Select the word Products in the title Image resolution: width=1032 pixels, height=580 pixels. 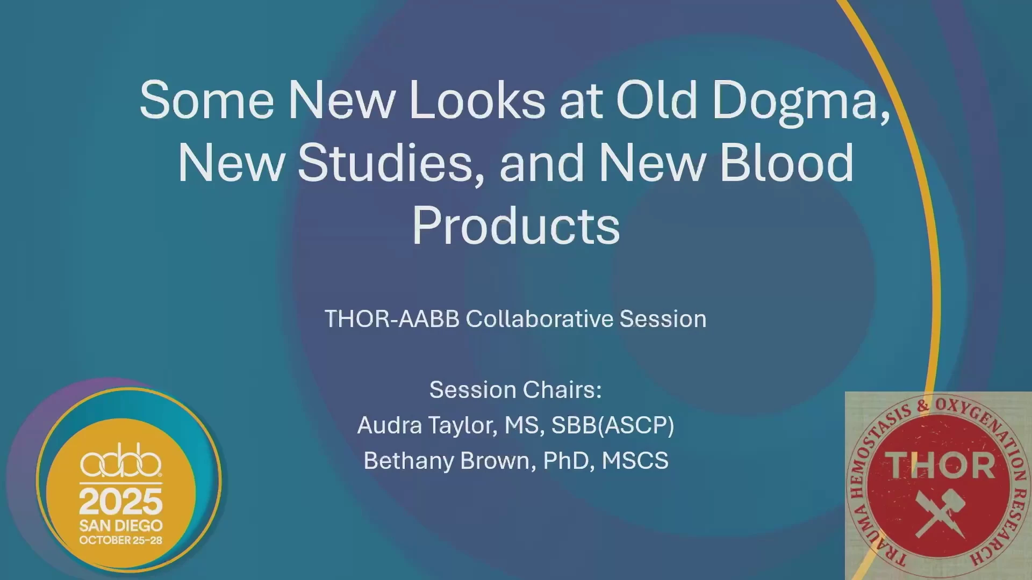[x=516, y=226]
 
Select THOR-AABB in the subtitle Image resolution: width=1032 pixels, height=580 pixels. [x=392, y=319]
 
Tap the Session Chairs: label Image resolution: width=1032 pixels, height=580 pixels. [x=515, y=390]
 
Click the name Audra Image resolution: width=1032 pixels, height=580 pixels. [x=390, y=425]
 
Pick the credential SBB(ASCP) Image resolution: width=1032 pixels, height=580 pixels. [x=613, y=425]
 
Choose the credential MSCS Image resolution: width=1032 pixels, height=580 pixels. [x=635, y=461]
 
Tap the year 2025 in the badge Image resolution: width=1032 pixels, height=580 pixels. [x=121, y=502]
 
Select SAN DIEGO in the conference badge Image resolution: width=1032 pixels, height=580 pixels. [x=121, y=526]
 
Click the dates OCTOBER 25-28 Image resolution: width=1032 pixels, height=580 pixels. [x=121, y=540]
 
